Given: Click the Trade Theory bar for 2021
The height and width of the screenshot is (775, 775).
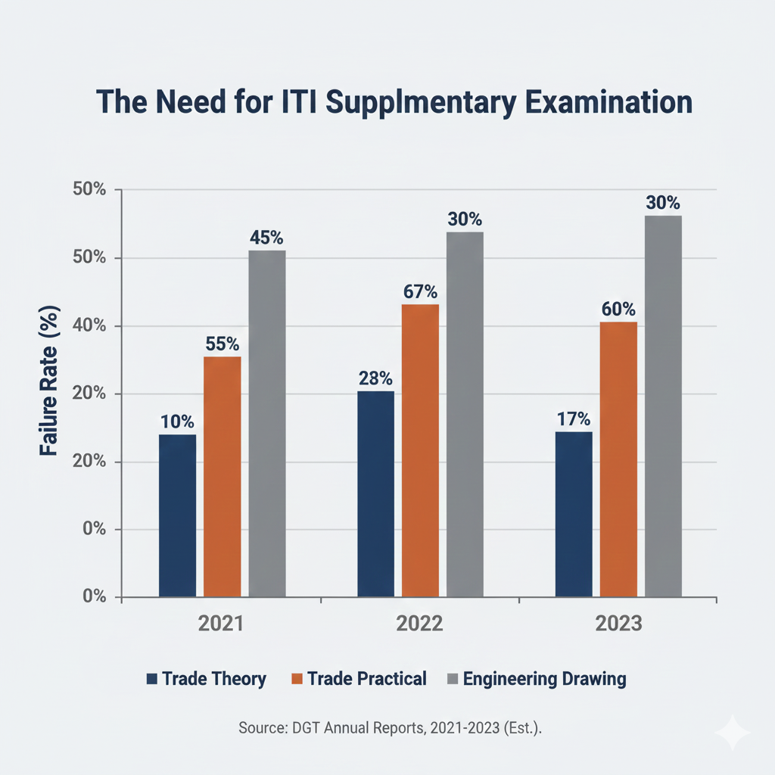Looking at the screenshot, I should coord(177,515).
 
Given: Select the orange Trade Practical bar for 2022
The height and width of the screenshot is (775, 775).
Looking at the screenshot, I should coord(420,450).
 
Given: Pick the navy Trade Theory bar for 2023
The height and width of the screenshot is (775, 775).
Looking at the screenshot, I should coord(574,514).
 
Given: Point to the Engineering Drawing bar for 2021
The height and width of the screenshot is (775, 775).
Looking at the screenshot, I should coord(267,424).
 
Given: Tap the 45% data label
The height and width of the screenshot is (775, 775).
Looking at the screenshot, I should coord(267,238).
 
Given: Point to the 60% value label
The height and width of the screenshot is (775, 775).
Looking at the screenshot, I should coord(618,310).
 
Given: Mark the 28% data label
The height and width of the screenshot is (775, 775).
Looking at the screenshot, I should coord(375,378).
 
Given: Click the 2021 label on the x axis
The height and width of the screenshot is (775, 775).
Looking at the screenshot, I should coord(221,624).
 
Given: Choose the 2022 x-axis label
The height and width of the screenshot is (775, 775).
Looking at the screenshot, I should coord(420,624).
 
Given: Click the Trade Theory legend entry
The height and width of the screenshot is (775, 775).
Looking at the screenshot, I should coord(206,679).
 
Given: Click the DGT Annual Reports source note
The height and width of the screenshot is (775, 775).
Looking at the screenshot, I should coord(391,728).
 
